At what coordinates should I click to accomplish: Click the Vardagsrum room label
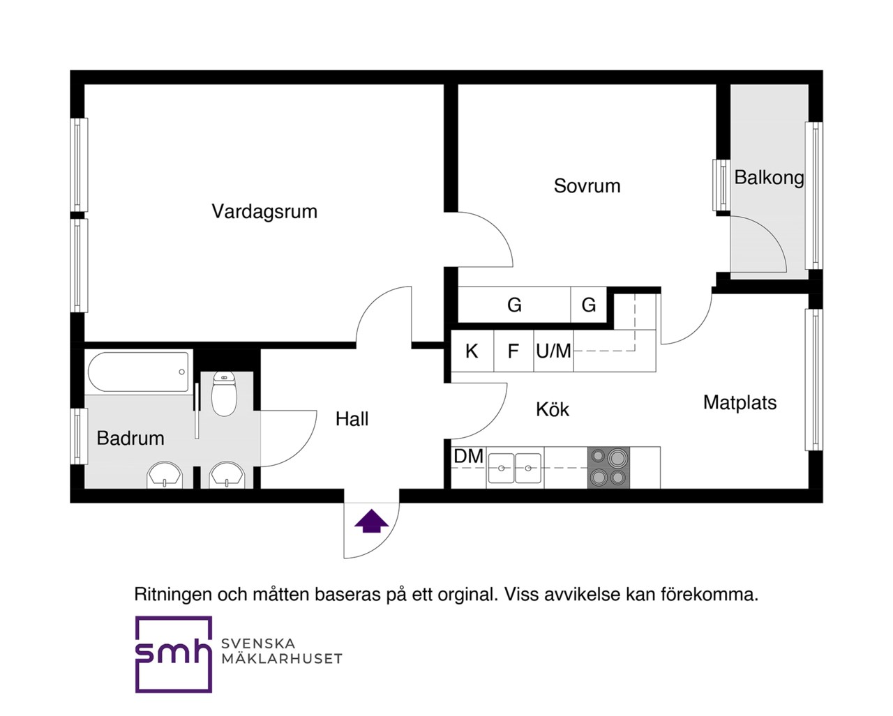click(264, 211)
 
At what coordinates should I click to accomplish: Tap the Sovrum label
click(587, 186)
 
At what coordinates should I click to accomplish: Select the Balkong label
click(769, 178)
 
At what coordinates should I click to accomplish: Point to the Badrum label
click(130, 438)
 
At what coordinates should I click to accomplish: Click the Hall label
click(352, 419)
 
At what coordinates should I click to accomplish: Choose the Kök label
click(553, 409)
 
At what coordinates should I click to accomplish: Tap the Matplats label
click(740, 402)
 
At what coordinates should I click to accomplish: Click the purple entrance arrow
click(371, 521)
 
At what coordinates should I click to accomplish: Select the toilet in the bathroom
click(224, 393)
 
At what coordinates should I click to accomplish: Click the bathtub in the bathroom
click(138, 372)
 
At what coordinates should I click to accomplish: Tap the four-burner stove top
click(608, 468)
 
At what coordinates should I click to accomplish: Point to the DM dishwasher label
click(469, 457)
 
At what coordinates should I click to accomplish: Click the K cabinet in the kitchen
click(472, 351)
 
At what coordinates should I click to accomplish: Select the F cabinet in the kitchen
click(513, 351)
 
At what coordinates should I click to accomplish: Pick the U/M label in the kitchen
click(553, 351)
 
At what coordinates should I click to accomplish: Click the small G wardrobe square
click(588, 305)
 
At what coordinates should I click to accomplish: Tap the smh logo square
click(174, 654)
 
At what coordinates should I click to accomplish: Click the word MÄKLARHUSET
click(282, 658)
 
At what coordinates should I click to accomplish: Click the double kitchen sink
click(515, 468)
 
